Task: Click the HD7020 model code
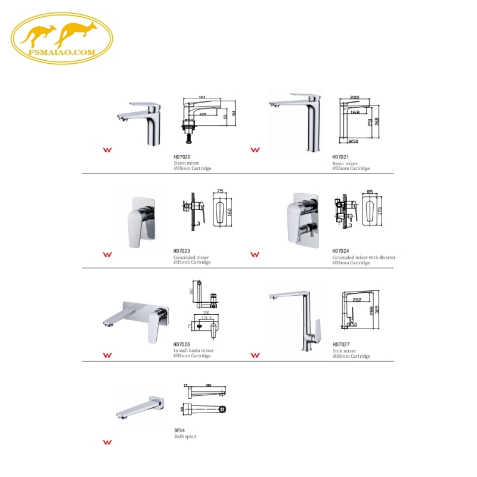181,157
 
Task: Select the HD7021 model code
340,157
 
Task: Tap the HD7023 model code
181,251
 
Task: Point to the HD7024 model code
340,251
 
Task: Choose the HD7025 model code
181,344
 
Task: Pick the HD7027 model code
340,344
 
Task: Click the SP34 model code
178,430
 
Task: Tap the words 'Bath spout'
185,436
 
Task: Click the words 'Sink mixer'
345,351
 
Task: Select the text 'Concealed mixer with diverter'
364,258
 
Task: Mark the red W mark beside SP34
108,443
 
